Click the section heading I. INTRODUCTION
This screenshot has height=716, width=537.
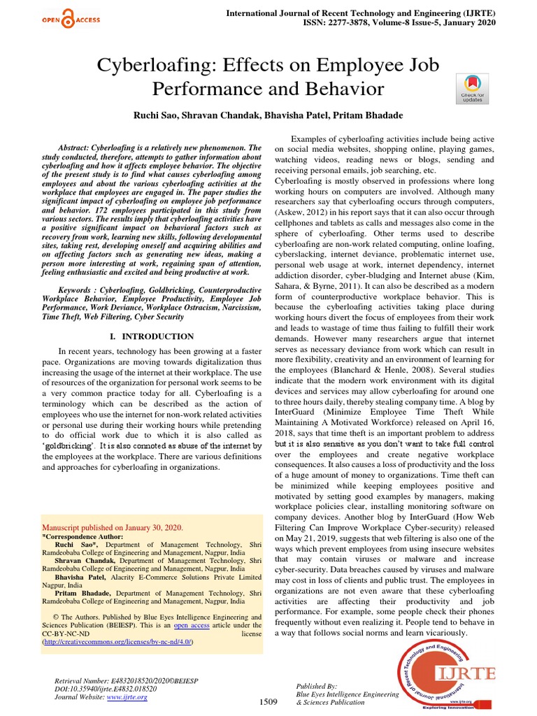pos(152,336)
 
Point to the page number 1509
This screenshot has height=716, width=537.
pos(268,701)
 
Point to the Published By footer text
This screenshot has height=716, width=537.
pos(317,687)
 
